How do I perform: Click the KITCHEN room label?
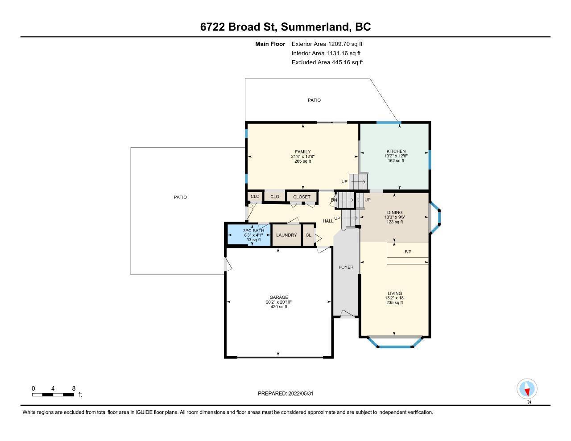tap(396, 151)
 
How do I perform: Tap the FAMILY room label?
tap(303, 152)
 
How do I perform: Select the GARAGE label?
tap(278, 297)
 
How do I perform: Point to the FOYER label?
tap(346, 268)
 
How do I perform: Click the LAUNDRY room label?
tap(286, 235)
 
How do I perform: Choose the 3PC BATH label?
tap(253, 231)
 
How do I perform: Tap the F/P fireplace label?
tap(408, 252)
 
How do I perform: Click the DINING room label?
tap(395, 213)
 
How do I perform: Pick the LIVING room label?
tap(395, 293)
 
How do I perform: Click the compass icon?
tap(527, 389)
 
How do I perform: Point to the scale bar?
tap(53, 395)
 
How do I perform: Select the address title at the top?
tap(285, 27)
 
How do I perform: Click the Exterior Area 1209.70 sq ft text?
tap(327, 44)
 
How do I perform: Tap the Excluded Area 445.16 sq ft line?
tap(327, 62)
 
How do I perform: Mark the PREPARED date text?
tap(285, 393)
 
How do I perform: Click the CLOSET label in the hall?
tap(302, 197)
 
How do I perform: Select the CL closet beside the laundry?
tap(308, 235)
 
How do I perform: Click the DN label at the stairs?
tap(334, 200)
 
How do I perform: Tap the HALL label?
tap(328, 221)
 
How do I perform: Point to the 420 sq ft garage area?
tap(279, 307)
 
